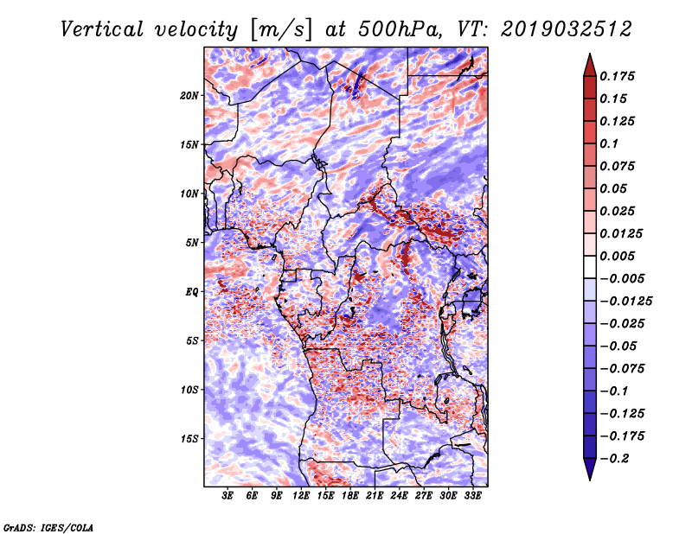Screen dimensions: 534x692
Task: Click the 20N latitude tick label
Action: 189,95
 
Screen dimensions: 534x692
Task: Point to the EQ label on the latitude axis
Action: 192,292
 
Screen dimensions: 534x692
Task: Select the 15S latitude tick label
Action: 189,439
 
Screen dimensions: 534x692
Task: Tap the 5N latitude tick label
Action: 192,243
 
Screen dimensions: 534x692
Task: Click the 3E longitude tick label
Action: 228,496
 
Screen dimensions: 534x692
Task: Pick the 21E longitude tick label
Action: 375,496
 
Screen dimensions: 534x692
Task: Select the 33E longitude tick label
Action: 472,496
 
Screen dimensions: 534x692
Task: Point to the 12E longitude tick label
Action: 301,496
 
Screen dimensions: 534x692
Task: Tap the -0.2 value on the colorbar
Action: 615,458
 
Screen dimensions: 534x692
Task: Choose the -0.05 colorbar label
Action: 615,346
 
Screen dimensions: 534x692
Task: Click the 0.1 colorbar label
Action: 610,143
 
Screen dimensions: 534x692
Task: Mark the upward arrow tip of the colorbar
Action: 588,57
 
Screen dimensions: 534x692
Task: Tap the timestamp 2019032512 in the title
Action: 557,29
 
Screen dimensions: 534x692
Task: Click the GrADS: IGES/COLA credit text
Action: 48,526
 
